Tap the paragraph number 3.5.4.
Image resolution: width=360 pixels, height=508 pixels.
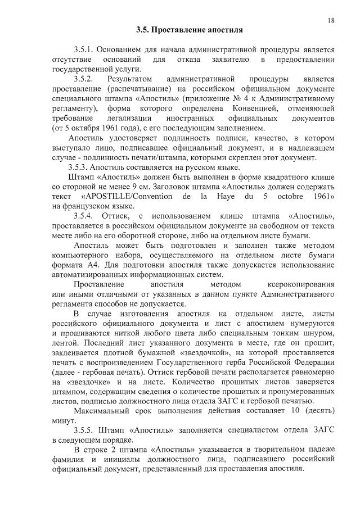coord(85,216)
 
